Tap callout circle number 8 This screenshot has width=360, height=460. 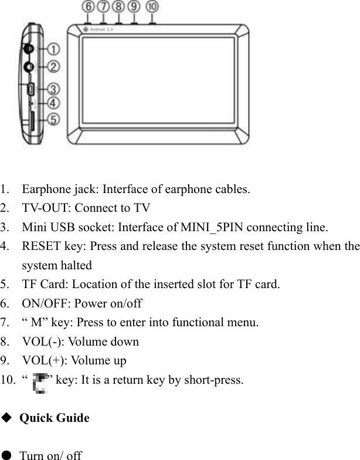pos(119,7)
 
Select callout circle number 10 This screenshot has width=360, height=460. pos(152,7)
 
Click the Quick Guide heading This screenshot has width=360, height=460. pos(55,418)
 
